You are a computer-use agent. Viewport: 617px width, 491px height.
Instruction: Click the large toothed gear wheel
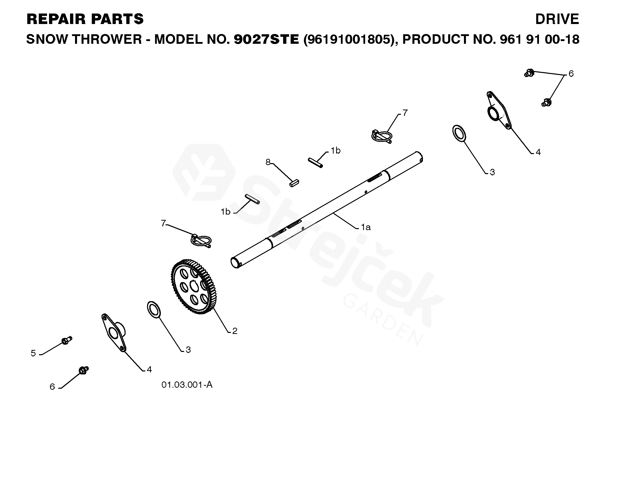click(x=194, y=287)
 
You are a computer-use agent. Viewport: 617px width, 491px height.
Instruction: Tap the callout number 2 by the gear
click(x=235, y=331)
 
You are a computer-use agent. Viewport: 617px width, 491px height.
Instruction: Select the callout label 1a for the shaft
click(x=365, y=227)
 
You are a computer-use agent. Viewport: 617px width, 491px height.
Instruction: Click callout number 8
click(x=268, y=162)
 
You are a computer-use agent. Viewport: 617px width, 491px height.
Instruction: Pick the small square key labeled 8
click(x=294, y=183)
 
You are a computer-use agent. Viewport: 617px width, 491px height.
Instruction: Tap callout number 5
click(x=33, y=353)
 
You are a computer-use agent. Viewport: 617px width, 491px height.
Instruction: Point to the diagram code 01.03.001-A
click(x=187, y=385)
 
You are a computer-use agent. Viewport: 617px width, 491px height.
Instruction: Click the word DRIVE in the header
click(x=557, y=19)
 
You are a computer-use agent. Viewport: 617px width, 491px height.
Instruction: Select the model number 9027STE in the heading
click(x=266, y=39)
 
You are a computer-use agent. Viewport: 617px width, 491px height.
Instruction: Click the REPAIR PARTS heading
click(x=85, y=19)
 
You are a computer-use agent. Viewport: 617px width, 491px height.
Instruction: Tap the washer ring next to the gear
click(x=154, y=309)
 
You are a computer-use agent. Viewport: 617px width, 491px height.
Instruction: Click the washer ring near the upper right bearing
click(x=459, y=133)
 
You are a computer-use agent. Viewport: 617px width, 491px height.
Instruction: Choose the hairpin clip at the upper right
click(x=381, y=136)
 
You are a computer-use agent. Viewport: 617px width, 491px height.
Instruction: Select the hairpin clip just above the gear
click(x=201, y=241)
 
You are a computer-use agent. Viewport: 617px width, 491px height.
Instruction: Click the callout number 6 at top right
click(x=571, y=74)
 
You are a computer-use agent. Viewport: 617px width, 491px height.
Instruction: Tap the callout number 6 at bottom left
click(x=52, y=387)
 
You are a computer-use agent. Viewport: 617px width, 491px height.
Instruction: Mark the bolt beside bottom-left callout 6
click(x=84, y=370)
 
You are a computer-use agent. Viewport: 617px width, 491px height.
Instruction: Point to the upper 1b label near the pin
click(x=335, y=151)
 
